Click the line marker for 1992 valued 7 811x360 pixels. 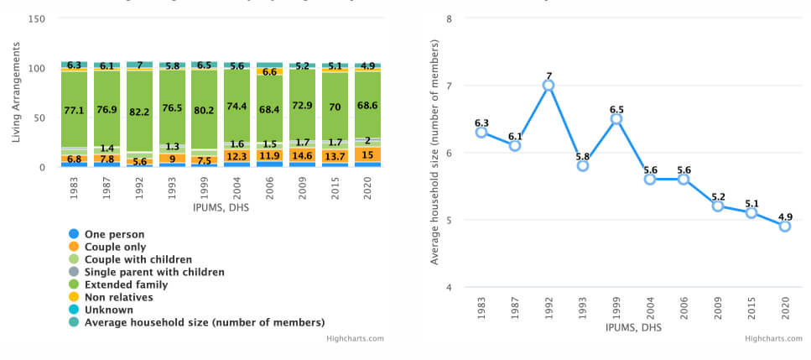coord(548,85)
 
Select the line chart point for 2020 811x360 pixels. coord(784,226)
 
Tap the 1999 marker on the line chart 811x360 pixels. coord(616,118)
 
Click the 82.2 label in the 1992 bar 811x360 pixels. coord(139,112)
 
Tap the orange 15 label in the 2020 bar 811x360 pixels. coord(367,154)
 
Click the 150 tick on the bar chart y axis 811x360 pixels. coord(36,18)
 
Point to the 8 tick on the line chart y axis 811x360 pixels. coord(450,18)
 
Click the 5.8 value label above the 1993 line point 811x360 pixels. coord(582,154)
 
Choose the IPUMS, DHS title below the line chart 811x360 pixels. coord(632,327)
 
